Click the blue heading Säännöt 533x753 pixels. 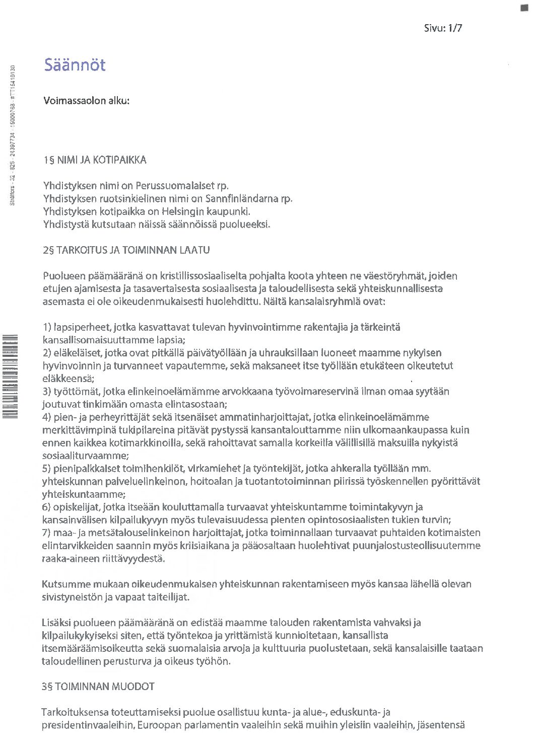tap(75, 65)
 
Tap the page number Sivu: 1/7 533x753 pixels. tap(443, 28)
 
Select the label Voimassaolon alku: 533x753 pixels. tap(86, 101)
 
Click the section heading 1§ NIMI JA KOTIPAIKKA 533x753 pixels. tap(95, 160)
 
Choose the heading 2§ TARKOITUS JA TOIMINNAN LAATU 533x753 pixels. tap(126, 250)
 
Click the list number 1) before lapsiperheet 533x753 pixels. tap(47, 327)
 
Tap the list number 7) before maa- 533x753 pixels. tap(47, 533)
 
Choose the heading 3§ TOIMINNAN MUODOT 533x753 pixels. tap(98, 687)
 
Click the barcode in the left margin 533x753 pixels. tap(10, 375)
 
